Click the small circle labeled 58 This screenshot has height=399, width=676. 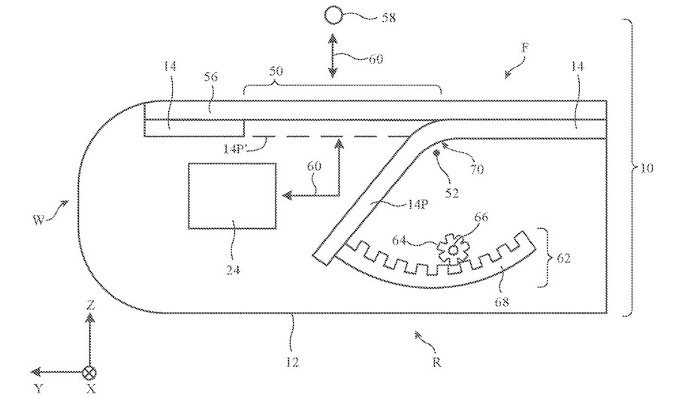pyautogui.click(x=333, y=16)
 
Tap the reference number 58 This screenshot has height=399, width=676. pyautogui.click(x=388, y=18)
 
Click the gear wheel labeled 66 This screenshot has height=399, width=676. pyautogui.click(x=452, y=249)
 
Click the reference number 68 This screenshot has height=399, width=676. pyautogui.click(x=502, y=301)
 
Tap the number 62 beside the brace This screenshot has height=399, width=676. pyautogui.click(x=563, y=258)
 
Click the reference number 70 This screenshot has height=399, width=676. pyautogui.click(x=476, y=169)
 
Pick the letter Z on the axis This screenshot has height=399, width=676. pyautogui.click(x=90, y=305)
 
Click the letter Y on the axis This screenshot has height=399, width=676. pyautogui.click(x=39, y=388)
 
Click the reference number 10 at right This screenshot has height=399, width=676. pyautogui.click(x=645, y=168)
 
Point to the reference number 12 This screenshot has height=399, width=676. pyautogui.click(x=292, y=362)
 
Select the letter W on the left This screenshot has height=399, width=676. pyautogui.click(x=39, y=220)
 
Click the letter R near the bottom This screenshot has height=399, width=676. pyautogui.click(x=436, y=362)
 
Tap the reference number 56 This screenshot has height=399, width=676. pyautogui.click(x=211, y=77)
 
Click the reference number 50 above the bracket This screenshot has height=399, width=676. pyautogui.click(x=276, y=70)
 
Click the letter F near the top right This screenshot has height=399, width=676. pyautogui.click(x=525, y=47)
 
